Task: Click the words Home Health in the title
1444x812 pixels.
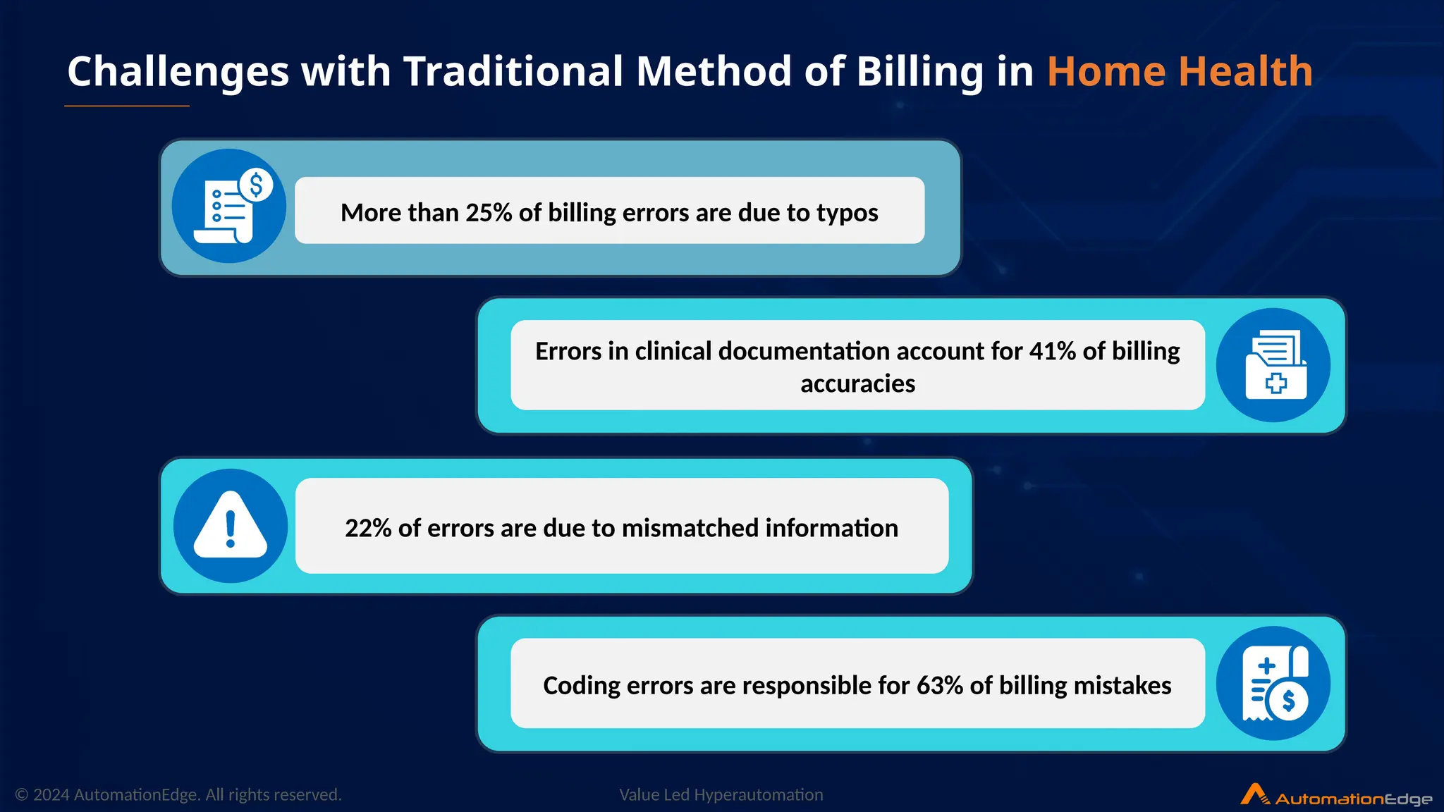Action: point(1179,72)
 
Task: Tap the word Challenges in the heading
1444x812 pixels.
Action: point(178,72)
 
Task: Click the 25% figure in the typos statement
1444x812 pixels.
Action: point(489,212)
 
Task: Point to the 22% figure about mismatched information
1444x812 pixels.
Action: point(368,528)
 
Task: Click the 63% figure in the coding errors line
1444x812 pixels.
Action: point(939,685)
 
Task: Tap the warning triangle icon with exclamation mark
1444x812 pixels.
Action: point(231,526)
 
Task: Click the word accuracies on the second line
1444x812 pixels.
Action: point(857,384)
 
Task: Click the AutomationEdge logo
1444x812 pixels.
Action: point(1336,796)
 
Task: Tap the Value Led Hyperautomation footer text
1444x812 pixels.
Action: point(721,795)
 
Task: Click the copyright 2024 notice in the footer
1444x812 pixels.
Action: point(178,795)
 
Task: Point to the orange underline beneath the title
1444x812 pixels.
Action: point(127,106)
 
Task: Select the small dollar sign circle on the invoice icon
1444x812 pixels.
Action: point(256,185)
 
